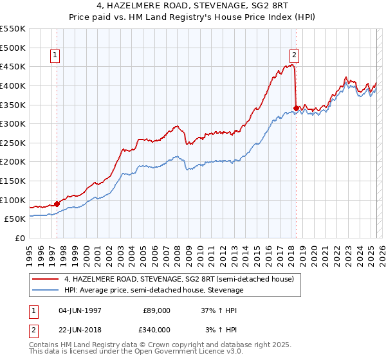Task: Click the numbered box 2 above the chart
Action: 294,56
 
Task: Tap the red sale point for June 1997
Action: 57,204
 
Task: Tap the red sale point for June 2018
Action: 296,108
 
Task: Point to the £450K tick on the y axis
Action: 14,66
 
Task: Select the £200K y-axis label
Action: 14,161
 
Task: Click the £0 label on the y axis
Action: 19,238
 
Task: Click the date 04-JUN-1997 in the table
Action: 81,310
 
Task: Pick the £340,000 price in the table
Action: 156,330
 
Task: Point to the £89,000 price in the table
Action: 156,310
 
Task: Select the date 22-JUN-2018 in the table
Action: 81,330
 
